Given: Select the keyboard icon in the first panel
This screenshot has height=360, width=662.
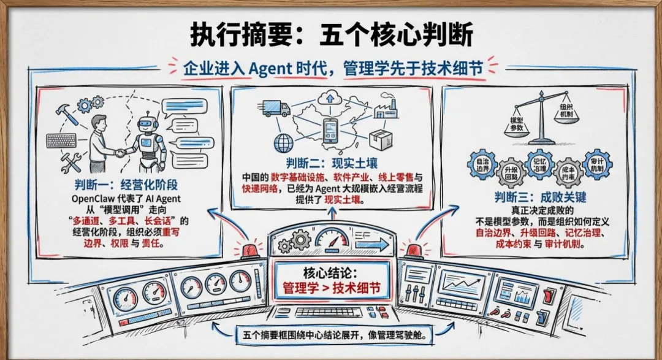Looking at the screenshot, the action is click(x=62, y=140).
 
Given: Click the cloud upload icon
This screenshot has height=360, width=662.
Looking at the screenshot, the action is click(x=332, y=98).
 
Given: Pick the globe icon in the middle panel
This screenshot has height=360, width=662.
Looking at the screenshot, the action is click(x=284, y=143).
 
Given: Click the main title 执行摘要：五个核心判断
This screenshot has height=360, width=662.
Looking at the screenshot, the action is click(x=332, y=36).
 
